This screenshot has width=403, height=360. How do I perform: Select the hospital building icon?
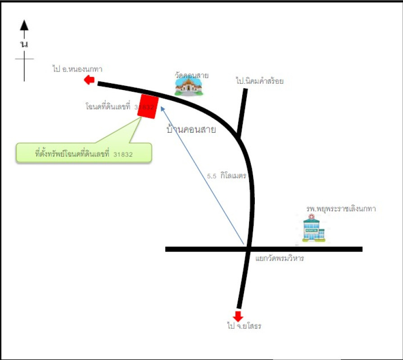point(314,229)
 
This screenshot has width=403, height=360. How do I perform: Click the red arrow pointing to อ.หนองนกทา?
point(89,81)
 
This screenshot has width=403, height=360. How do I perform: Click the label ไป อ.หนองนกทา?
point(77,69)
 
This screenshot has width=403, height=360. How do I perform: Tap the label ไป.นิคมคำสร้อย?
point(260,81)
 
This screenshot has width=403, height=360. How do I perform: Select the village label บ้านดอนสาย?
point(191,130)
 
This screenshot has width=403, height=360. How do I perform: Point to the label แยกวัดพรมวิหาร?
point(280,258)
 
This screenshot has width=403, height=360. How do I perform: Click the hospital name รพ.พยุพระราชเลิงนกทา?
point(341,209)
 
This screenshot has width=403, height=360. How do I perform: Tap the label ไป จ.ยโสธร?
point(244,326)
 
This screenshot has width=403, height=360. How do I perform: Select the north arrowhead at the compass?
point(24,25)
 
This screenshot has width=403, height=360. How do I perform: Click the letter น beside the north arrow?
point(24,44)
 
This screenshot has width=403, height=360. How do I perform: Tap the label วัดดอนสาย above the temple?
point(191,75)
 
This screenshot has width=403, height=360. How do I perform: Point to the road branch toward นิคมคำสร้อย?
point(243,112)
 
